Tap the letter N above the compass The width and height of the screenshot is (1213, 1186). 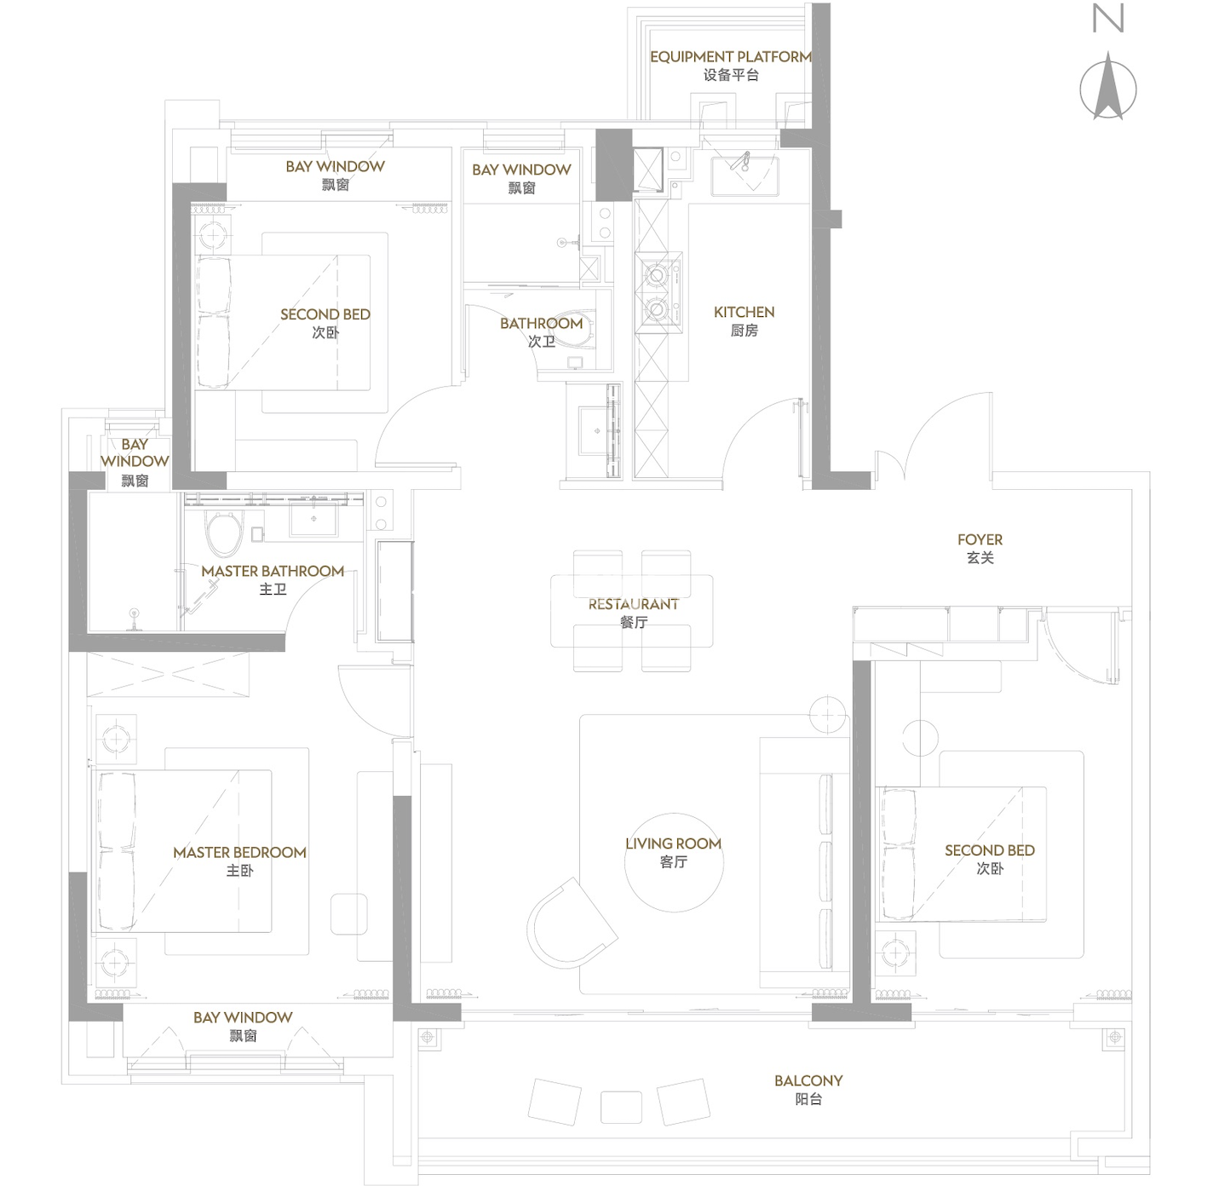pyautogui.click(x=1107, y=18)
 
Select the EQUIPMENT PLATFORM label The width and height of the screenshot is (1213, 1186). pyautogui.click(x=731, y=66)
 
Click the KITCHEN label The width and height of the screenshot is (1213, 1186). pyautogui.click(x=744, y=320)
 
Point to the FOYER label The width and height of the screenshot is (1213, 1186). pyautogui.click(x=980, y=548)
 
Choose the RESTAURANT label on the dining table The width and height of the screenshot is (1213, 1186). pyautogui.click(x=633, y=613)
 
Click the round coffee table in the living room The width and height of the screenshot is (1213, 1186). pyautogui.click(x=674, y=862)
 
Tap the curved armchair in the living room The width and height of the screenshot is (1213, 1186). pyautogui.click(x=571, y=924)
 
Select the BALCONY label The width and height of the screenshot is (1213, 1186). pyautogui.click(x=808, y=1090)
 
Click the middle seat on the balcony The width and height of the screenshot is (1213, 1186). pyautogui.click(x=621, y=1108)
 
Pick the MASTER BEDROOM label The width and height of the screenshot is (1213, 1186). pyautogui.click(x=239, y=861)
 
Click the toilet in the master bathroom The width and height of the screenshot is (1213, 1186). pyautogui.click(x=224, y=533)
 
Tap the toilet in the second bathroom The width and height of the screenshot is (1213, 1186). pyautogui.click(x=574, y=329)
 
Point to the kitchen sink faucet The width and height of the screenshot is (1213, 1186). pyautogui.click(x=740, y=162)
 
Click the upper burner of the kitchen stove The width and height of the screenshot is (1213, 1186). pyautogui.click(x=656, y=273)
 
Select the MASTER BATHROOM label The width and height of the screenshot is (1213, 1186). pyautogui.click(x=273, y=579)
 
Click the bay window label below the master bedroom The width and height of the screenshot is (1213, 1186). pyautogui.click(x=243, y=1026)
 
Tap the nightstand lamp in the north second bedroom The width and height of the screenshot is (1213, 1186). pyautogui.click(x=213, y=235)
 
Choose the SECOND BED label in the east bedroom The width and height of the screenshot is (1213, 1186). pyautogui.click(x=989, y=859)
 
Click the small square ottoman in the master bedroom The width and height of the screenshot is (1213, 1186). pyautogui.click(x=349, y=914)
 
